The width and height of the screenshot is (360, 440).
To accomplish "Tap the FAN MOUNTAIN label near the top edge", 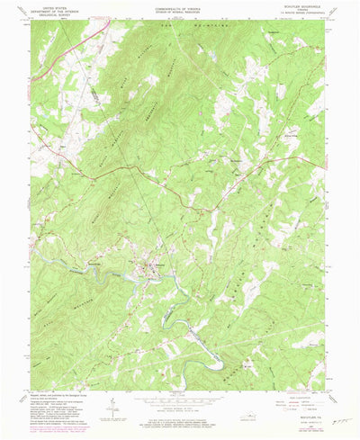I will click(x=176, y=27).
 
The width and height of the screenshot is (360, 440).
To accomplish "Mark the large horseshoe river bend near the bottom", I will click(x=216, y=361).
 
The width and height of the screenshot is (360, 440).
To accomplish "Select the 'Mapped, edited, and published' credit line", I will click(x=63, y=397).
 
